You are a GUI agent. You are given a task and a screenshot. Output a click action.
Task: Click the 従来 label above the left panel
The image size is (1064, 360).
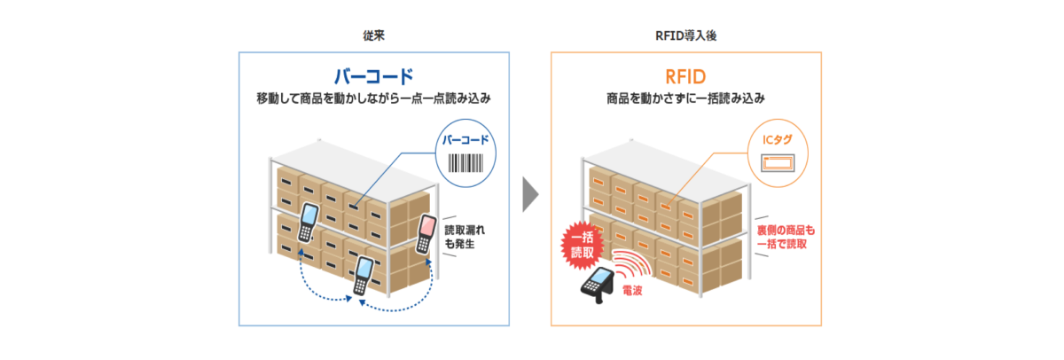[373, 35]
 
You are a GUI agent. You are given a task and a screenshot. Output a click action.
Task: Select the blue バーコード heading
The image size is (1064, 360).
[373, 75]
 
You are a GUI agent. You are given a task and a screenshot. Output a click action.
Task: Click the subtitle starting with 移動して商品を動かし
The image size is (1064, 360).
[373, 98]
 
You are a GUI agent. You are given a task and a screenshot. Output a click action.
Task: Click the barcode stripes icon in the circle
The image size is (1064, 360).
[465, 163]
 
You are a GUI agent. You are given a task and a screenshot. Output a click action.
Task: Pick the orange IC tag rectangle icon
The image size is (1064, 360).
[777, 161]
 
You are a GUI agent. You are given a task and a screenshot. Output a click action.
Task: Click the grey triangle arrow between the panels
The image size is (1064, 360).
[531, 194]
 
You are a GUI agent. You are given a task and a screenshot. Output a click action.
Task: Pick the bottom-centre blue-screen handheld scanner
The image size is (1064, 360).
[363, 273]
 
